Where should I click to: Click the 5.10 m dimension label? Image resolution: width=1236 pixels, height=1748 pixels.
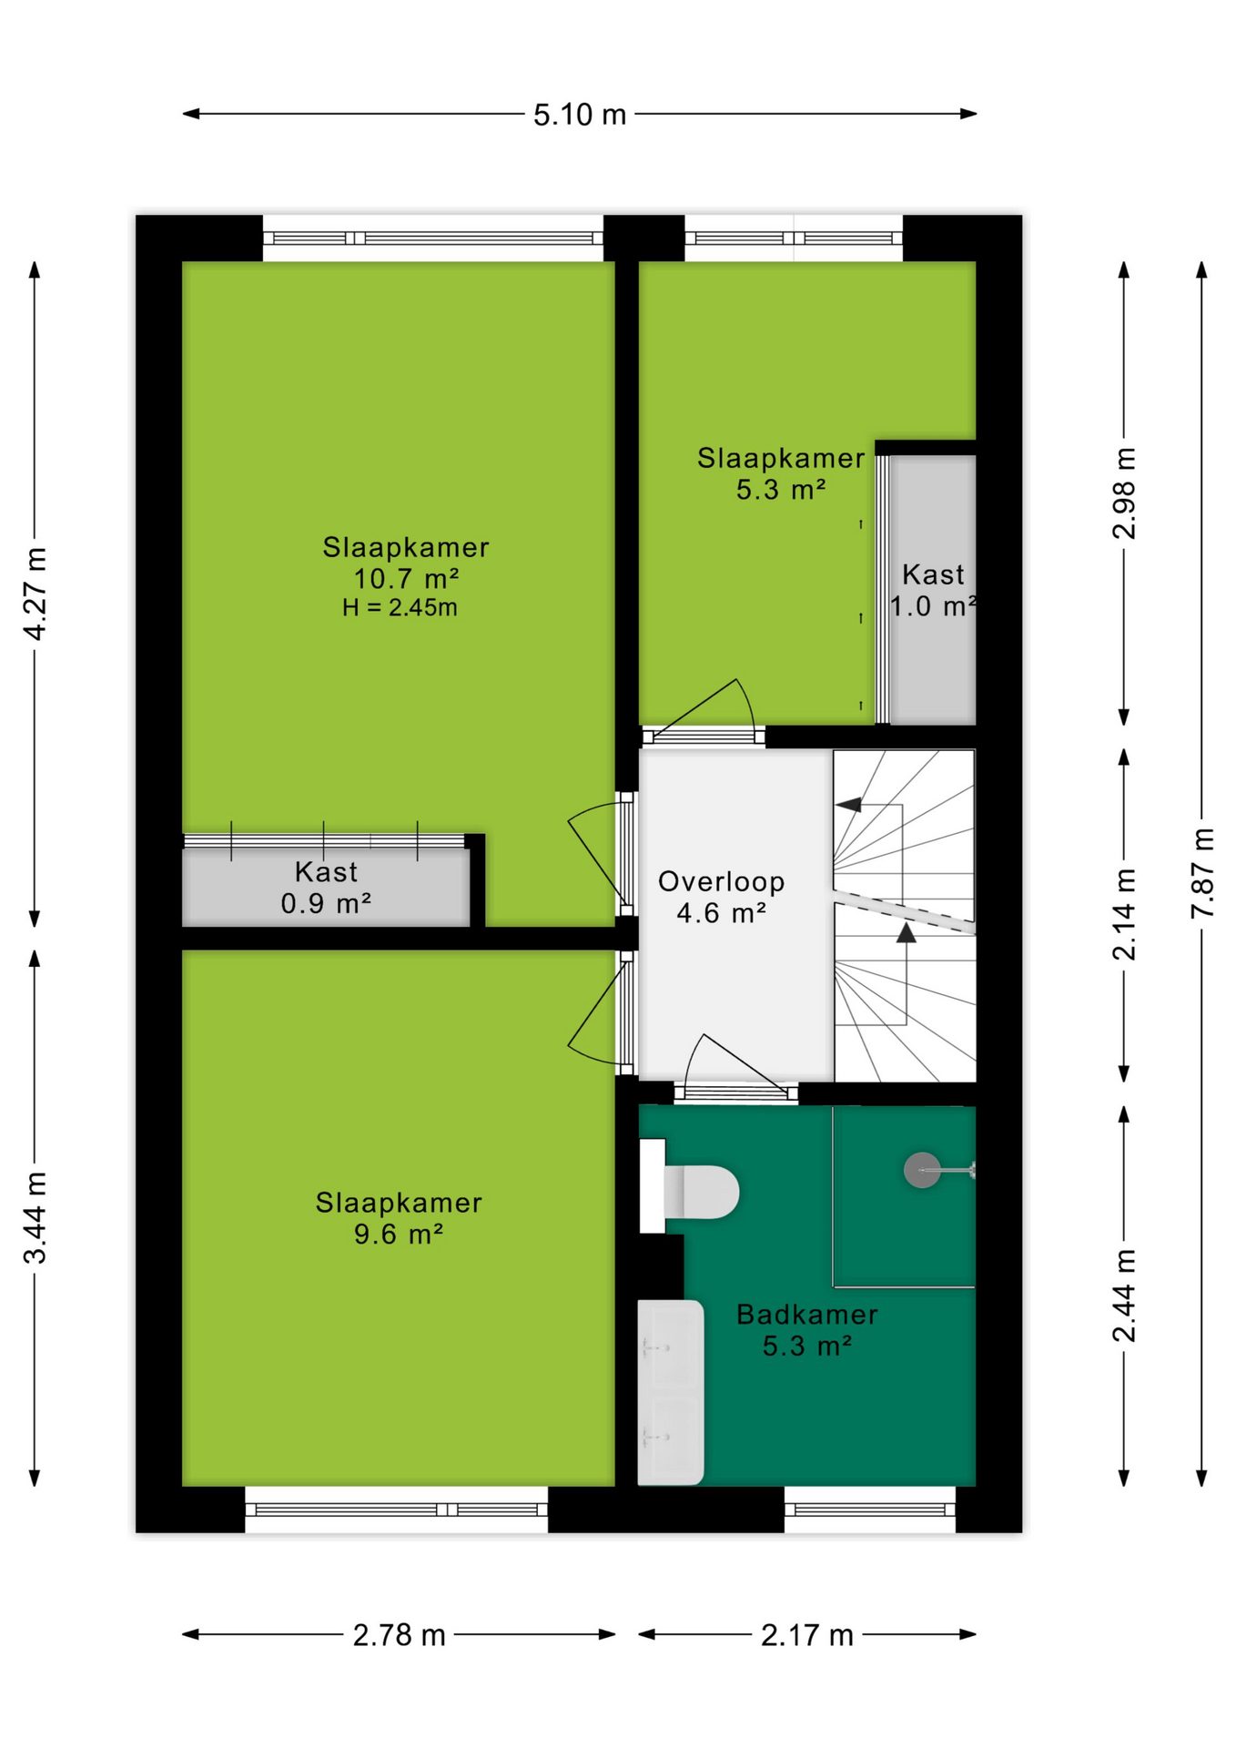[x=580, y=115]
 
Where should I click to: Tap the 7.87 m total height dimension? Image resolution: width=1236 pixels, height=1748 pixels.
[x=1203, y=873]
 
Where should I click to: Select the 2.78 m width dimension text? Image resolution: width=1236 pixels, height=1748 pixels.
[x=400, y=1635]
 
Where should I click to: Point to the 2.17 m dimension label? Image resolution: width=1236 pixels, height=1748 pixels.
[x=807, y=1635]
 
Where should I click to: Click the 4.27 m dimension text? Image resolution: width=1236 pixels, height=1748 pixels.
[x=35, y=595]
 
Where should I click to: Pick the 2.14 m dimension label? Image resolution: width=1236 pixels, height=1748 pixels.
[x=1125, y=915]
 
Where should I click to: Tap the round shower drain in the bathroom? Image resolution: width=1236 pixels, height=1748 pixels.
[x=922, y=1170]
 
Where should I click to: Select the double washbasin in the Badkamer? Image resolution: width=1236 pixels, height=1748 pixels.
[x=671, y=1392]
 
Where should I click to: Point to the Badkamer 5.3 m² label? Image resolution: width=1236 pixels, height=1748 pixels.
[x=807, y=1330]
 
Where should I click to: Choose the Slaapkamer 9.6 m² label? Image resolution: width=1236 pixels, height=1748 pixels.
[x=399, y=1218]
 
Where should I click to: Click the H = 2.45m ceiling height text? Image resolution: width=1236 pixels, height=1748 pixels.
[x=400, y=607]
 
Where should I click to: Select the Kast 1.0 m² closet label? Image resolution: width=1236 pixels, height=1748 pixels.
[x=934, y=590]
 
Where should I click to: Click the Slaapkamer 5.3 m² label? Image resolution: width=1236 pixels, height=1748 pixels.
[x=781, y=473]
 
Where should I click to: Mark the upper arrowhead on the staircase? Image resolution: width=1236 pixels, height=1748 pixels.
[x=848, y=805]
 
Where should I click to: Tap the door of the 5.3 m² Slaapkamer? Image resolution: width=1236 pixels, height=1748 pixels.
[x=705, y=708]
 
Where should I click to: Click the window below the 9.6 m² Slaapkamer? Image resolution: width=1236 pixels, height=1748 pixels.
[x=397, y=1509]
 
